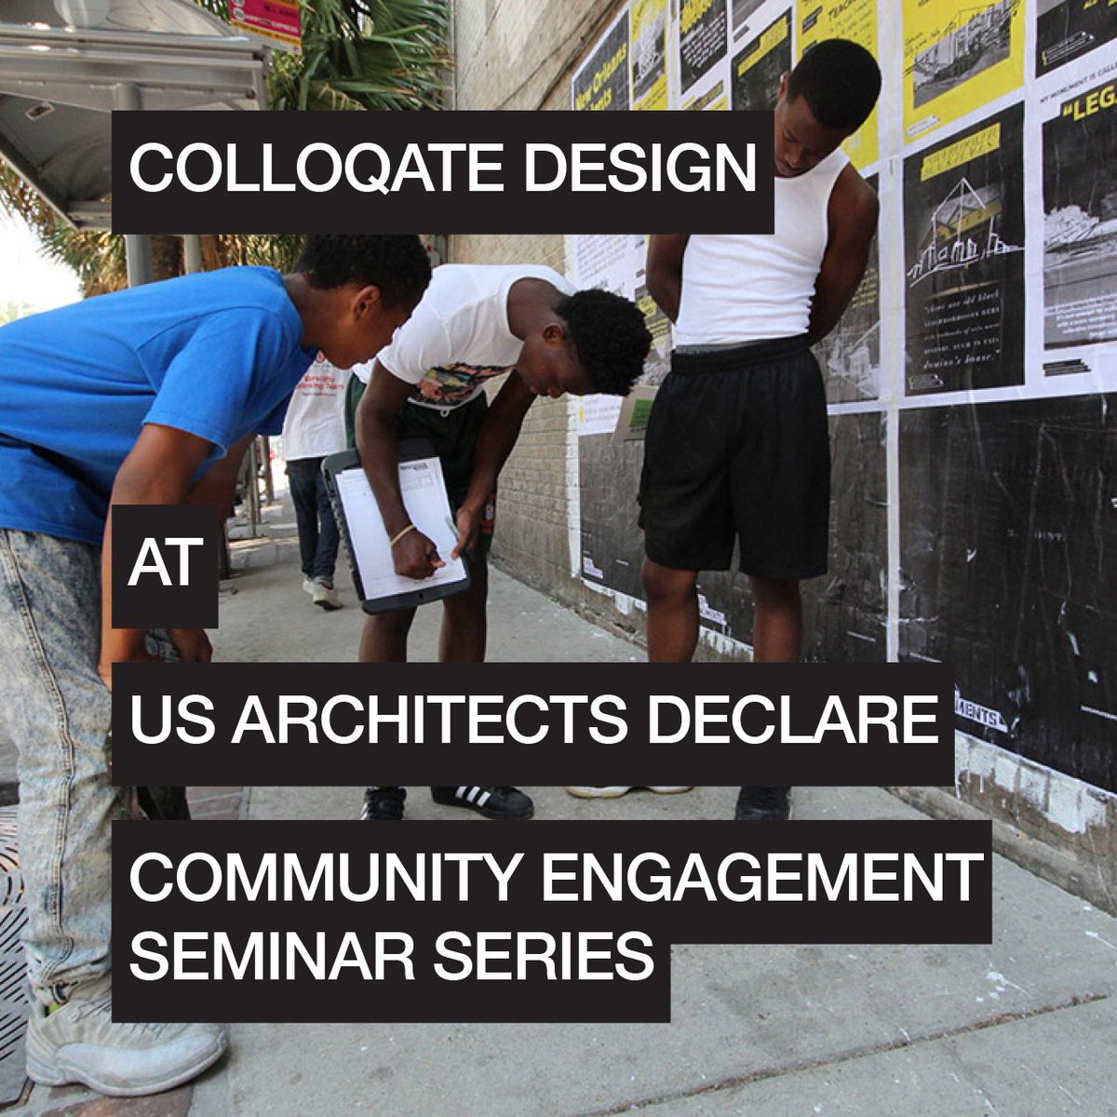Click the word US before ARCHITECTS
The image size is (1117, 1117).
(166, 722)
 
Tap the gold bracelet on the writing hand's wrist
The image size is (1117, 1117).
(402, 535)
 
